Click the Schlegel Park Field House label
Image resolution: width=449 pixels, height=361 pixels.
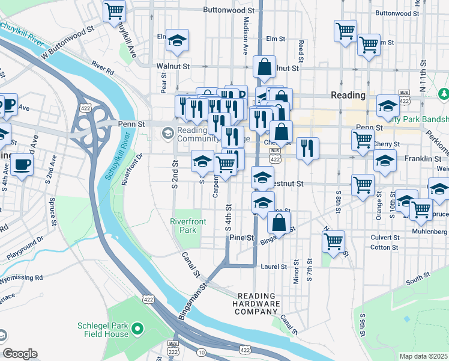point(103,330)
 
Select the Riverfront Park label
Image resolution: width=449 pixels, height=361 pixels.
point(188,226)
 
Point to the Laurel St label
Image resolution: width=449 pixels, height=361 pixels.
point(272,265)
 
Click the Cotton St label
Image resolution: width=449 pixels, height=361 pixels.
point(385,247)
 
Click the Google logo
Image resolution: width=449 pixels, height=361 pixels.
point(20,354)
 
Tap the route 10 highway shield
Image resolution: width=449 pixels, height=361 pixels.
point(200,351)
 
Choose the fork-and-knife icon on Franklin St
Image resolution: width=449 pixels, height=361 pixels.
point(307,147)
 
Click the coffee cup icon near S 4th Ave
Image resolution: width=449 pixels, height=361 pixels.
point(23,164)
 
